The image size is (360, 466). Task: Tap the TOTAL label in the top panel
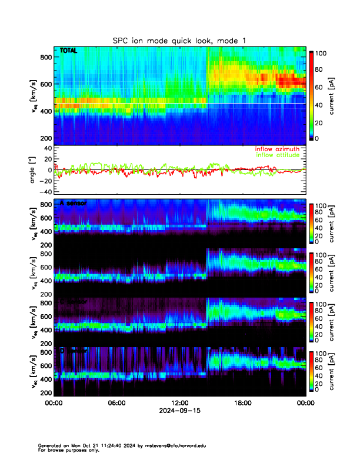(x=68, y=51)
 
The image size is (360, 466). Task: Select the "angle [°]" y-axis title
(x=34, y=169)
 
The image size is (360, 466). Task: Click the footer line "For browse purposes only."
(x=65, y=450)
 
